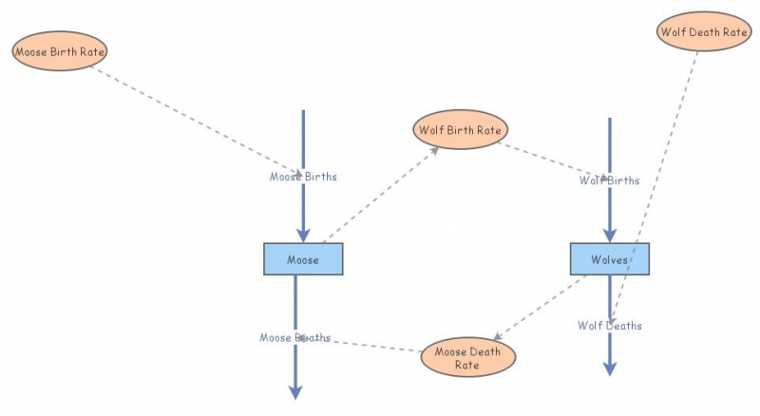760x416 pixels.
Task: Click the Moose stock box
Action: point(303,259)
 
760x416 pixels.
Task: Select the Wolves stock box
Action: point(610,259)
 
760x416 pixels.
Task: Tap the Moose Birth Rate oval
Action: point(59,51)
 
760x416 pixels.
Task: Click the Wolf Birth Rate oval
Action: point(461,129)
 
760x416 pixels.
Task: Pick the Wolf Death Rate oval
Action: point(703,31)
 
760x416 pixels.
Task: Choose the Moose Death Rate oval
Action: point(467,357)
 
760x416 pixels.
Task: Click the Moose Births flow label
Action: point(303,177)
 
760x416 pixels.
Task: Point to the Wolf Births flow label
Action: point(610,180)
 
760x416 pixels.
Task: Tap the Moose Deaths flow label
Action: point(295,337)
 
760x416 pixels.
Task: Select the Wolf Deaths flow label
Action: point(610,326)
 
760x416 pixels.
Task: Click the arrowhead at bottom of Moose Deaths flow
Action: point(295,390)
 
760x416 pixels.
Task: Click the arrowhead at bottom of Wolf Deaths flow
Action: point(610,368)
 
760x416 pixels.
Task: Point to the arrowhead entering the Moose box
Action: point(303,235)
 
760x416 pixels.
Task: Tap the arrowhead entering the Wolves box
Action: point(610,235)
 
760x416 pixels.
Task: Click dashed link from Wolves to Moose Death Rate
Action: point(541,307)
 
